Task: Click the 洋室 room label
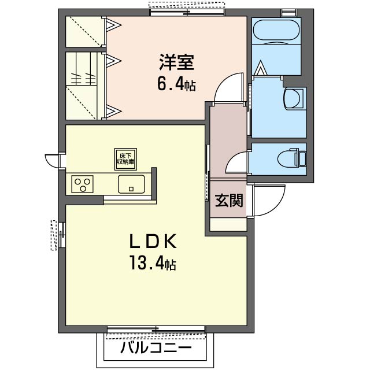[176, 62]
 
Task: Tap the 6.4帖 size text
[176, 86]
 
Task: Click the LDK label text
[153, 242]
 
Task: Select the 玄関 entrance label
[229, 201]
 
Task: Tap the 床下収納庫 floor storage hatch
[125, 160]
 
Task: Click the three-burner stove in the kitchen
[83, 184]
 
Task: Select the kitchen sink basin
[131, 184]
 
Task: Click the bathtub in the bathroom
[276, 30]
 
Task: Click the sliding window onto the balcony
[156, 329]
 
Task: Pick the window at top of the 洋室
[187, 12]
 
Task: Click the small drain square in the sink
[131, 188]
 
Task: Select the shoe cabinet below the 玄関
[228, 224]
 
